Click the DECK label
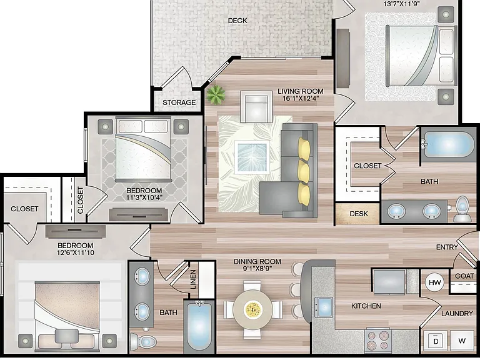237,21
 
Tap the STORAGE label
179,102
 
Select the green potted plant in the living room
216,94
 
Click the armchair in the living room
256,107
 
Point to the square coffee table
252,157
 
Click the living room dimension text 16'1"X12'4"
300,99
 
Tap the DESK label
359,214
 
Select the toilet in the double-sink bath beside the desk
462,209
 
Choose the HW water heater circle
435,282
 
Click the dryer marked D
436,341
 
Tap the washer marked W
462,341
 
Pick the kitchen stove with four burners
378,341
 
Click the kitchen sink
324,307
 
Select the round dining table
252,310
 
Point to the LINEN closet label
193,279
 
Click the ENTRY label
447,247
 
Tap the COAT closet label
464,276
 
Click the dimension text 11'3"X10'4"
144,197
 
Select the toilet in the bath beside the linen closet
143,341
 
